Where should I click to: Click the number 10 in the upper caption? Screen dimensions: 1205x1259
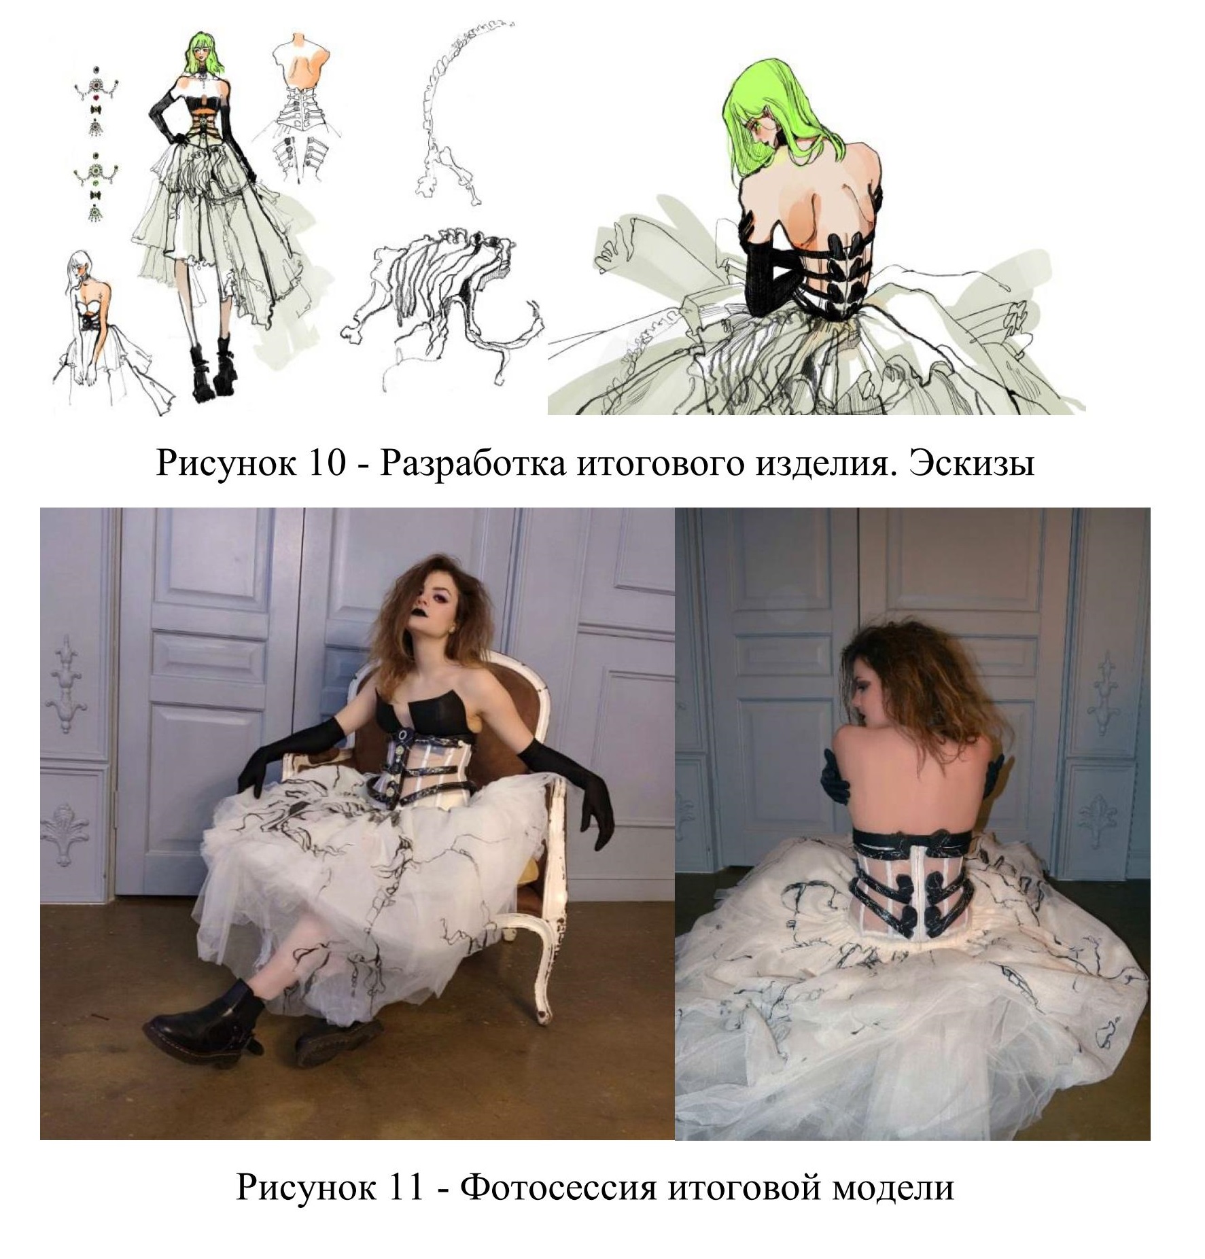329,464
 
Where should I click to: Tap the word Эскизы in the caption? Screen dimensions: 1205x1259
973,464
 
